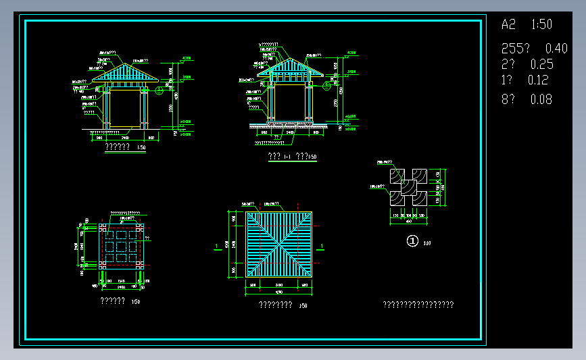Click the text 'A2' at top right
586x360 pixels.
[508, 25]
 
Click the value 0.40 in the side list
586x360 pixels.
[556, 49]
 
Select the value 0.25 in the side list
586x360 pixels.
[542, 65]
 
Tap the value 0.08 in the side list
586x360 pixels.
[541, 99]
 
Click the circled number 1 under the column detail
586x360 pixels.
[412, 241]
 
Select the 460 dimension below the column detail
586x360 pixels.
[408, 221]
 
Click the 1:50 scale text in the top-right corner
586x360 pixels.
[542, 25]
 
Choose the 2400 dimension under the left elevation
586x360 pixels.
[124, 137]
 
